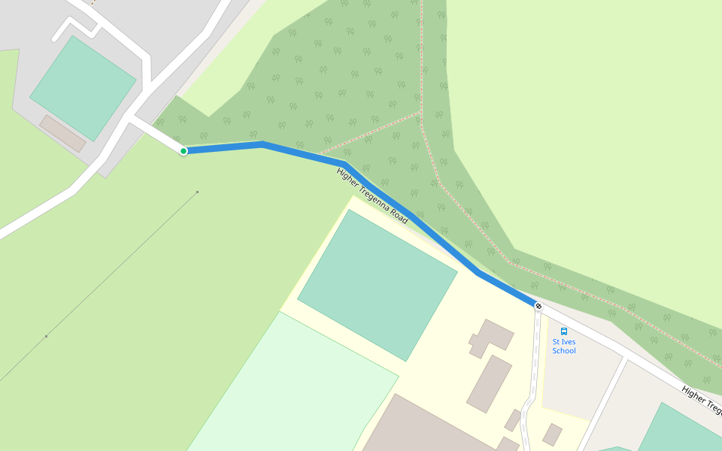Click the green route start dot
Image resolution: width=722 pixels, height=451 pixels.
coord(184,151)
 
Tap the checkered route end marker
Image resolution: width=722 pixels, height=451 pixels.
coord(538,305)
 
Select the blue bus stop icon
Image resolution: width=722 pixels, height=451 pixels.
coord(564,331)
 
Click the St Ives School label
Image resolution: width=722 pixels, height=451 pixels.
coord(564,347)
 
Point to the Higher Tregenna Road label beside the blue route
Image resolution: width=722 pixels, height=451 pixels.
coord(372,196)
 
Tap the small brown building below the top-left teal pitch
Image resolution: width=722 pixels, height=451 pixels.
coord(62,133)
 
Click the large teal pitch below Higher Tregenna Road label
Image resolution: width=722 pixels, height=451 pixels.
coord(378,284)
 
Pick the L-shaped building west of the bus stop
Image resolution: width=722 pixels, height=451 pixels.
coord(490,337)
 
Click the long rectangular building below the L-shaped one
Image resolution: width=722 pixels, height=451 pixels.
coord(489,383)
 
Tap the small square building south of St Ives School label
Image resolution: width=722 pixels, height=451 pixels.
coord(553,434)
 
